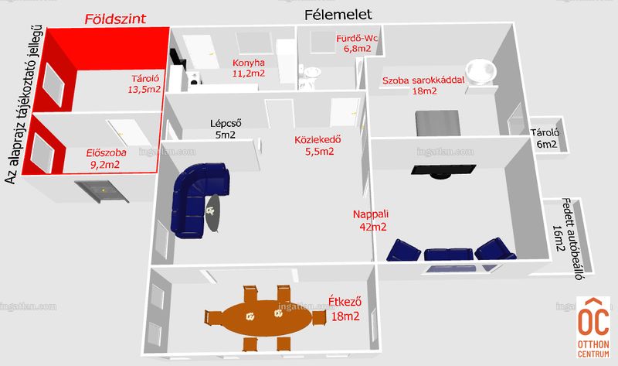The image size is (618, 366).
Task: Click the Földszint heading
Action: (x=115, y=19)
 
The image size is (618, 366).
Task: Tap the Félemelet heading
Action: (x=338, y=15)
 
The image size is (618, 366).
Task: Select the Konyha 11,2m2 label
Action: (x=248, y=68)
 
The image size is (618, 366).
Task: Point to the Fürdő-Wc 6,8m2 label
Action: (x=358, y=43)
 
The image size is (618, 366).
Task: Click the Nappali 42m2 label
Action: (x=371, y=221)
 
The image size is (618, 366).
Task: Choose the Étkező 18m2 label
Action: (x=345, y=309)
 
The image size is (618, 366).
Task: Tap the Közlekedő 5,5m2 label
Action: (x=318, y=145)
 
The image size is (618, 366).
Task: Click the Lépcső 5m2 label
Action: (x=226, y=128)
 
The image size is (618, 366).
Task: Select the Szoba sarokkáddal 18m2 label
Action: (x=423, y=85)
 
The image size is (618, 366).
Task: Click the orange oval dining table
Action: (x=266, y=318)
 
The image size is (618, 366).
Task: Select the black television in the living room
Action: (x=443, y=170)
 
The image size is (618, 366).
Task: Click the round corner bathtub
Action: (x=480, y=72)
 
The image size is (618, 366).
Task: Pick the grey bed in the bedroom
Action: (x=438, y=123)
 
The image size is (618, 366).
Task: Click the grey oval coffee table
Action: (x=214, y=214)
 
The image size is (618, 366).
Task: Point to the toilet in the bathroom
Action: (x=311, y=77)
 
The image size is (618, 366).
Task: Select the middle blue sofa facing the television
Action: (x=449, y=254)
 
